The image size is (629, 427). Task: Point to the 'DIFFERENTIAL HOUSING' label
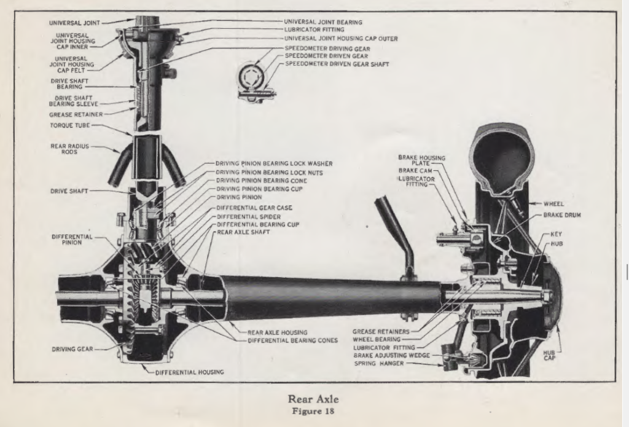tap(189, 372)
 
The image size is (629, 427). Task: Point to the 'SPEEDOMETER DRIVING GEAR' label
tap(332, 47)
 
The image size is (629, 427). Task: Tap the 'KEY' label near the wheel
tap(557, 234)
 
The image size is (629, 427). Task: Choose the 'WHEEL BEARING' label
tap(378, 339)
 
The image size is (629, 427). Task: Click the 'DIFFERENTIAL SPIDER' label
tap(248, 217)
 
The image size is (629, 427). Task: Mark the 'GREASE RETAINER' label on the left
tap(76, 114)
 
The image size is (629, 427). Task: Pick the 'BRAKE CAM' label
tap(418, 171)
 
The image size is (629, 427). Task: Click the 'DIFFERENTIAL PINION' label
tap(72, 240)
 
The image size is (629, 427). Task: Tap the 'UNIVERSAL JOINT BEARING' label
tap(323, 22)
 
